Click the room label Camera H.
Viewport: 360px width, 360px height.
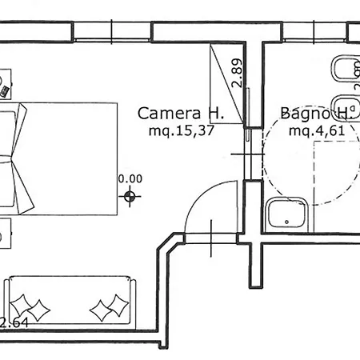(181, 114)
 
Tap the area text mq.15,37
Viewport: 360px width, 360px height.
(182, 131)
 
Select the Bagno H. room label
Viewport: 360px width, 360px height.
(317, 114)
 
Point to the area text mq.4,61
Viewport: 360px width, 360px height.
(317, 131)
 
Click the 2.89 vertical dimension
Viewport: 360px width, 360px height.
(237, 73)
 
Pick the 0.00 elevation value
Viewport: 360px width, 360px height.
(130, 178)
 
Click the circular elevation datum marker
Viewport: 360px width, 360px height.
(130, 197)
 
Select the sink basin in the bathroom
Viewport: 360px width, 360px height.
(287, 215)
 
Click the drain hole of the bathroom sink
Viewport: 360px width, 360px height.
(286, 222)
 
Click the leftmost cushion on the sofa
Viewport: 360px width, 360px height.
(21, 305)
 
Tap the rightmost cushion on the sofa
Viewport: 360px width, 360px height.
(118, 306)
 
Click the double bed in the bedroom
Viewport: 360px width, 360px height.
(58, 158)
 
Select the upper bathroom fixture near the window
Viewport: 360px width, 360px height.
(346, 69)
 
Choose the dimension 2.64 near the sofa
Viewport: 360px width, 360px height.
(14, 323)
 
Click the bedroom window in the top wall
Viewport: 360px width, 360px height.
(112, 31)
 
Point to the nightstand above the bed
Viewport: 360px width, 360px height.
(6, 84)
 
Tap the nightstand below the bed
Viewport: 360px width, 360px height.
(6, 234)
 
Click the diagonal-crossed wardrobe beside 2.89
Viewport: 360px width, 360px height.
(226, 83)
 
